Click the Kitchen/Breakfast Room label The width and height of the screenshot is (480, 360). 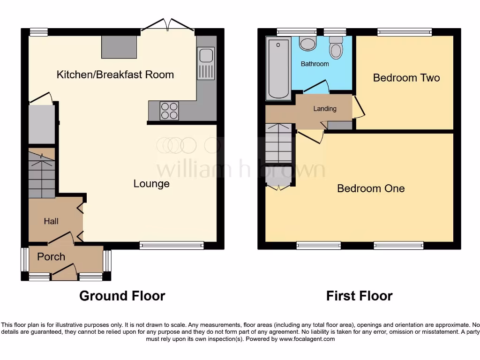coord(115,75)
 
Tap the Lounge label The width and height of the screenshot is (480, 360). coord(151,183)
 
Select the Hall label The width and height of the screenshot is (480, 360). coord(51,221)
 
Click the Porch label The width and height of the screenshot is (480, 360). coord(51,257)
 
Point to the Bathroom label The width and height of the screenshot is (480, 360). coord(315,64)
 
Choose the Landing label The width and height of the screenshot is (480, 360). coord(325,109)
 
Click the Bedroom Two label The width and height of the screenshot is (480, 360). coord(406,78)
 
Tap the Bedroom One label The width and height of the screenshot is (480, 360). coord(370,188)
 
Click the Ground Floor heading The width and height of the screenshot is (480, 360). coord(122,296)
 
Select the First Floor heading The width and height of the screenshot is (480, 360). coord(359,296)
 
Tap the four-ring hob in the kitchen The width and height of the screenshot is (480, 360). coord(169,111)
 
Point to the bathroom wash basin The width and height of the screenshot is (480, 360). coord(307,44)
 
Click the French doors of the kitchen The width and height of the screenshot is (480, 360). coord(168,26)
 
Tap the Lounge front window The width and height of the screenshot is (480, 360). coord(172,245)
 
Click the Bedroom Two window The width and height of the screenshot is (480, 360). coord(405,32)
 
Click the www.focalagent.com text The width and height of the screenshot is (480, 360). coord(307,339)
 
